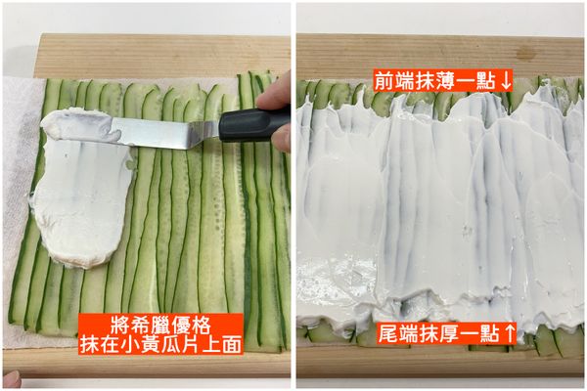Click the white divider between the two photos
[293, 195]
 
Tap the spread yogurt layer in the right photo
[440, 215]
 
